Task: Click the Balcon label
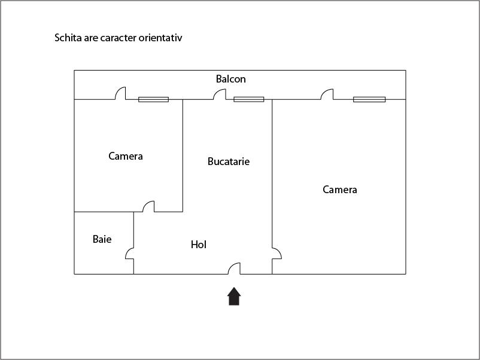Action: point(231,79)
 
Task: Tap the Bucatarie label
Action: point(229,161)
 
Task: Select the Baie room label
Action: point(102,239)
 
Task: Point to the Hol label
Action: point(198,245)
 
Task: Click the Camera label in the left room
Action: point(126,156)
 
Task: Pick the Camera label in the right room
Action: point(340,190)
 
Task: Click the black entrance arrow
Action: point(234,296)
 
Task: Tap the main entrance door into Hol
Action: point(234,269)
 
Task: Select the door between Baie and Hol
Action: point(129,253)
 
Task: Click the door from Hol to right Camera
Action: point(277,254)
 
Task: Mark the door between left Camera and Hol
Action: point(148,206)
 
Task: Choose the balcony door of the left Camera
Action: point(120,93)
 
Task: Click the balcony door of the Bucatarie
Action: point(220,94)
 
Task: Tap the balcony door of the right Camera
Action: point(327,94)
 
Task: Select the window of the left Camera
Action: point(153,99)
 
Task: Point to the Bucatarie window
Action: point(249,99)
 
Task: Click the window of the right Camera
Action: point(369,99)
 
